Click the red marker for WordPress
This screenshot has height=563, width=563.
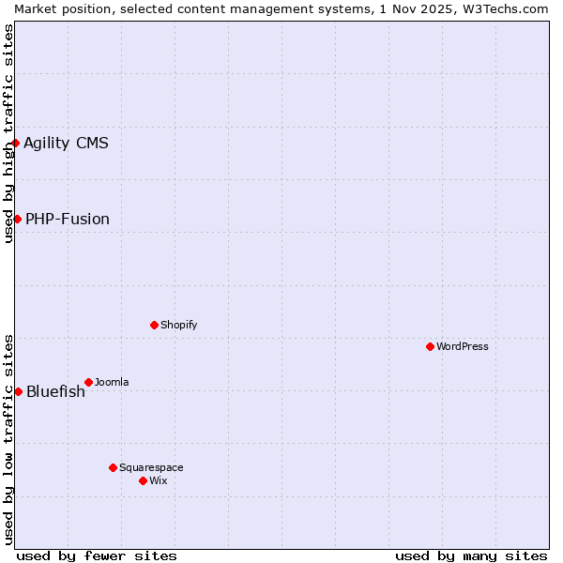(430, 346)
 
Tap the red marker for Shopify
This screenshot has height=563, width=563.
(154, 325)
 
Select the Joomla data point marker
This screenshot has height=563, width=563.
(88, 382)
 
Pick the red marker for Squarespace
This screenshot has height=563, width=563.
(113, 467)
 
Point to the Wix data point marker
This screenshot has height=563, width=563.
(143, 480)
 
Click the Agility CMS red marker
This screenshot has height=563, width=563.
(16, 143)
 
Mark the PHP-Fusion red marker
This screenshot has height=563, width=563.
(17, 219)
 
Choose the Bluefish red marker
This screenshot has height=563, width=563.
(18, 391)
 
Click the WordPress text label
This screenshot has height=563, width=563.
(463, 346)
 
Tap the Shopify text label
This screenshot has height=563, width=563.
(178, 325)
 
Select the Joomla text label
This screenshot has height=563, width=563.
(112, 382)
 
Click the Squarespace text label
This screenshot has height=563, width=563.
(151, 467)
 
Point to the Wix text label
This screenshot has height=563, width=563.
(159, 480)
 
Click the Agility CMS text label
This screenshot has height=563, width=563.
(66, 143)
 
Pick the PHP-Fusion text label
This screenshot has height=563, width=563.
(68, 219)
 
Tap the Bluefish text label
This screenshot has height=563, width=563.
(55, 391)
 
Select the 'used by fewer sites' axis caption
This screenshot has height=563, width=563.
(97, 555)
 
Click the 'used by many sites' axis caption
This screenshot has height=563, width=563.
(471, 555)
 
